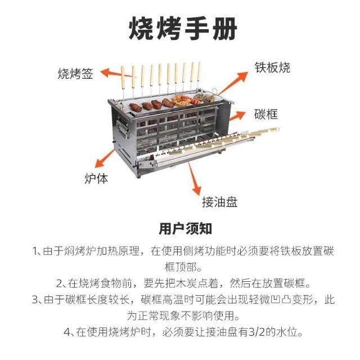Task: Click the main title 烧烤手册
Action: point(183,28)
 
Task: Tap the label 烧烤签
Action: point(75,74)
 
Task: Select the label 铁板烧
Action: point(272,67)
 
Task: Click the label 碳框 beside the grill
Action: point(266,114)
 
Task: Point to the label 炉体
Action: point(96,178)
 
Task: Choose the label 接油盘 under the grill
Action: point(220,202)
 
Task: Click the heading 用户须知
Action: point(185,229)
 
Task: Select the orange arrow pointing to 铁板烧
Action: point(233,83)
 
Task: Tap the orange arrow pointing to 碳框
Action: point(237,116)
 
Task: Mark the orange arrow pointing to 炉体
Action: point(105,159)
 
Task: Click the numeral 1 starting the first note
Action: point(35,251)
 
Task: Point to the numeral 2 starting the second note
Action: point(60,283)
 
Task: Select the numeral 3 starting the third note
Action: point(35,300)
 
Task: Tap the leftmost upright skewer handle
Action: point(123,78)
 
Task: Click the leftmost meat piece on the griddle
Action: point(136,107)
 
